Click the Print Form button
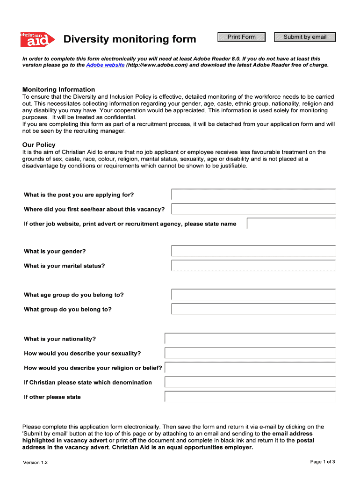pos(242,37)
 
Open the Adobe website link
pos(105,65)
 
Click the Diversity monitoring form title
pos(130,39)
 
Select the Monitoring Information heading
pos(58,89)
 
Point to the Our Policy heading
pos(39,145)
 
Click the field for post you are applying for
pos(253,195)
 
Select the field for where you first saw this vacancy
pos(253,209)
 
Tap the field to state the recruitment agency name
pos(291,224)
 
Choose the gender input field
pos(253,251)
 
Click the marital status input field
pos(253,266)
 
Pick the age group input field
pos(253,295)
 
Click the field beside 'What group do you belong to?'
pos(253,309)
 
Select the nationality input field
pos(250,339)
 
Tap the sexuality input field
pos(250,353)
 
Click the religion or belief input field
pos(250,368)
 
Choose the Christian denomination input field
pos(250,382)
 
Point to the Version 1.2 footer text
pos(35,463)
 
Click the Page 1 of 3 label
pos(323,462)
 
